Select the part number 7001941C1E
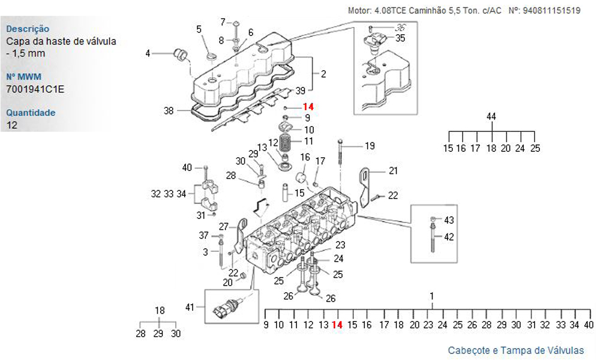[x=35, y=89]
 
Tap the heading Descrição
[x=28, y=29]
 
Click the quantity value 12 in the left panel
[x=11, y=125]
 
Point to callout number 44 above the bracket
[x=491, y=116]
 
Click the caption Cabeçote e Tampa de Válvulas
[x=515, y=350]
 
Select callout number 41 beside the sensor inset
[x=190, y=307]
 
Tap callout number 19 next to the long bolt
[x=370, y=146]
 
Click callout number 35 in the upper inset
[x=400, y=38]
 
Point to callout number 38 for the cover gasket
[x=169, y=110]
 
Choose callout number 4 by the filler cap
[x=147, y=53]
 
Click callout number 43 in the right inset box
[x=449, y=220]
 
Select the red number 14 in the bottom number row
[x=337, y=325]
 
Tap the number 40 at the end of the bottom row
[x=589, y=325]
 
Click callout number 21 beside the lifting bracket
[x=393, y=171]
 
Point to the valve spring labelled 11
[x=287, y=145]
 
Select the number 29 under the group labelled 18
[x=158, y=334]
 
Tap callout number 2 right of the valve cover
[x=323, y=75]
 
